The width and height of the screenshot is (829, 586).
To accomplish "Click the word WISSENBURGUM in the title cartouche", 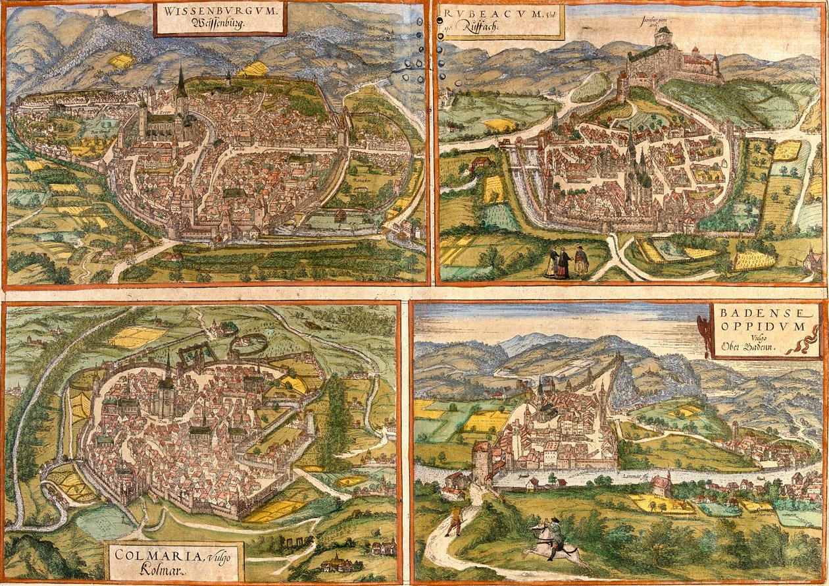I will pos(220,11).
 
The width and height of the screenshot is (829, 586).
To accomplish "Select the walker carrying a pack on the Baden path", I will pos(454,520).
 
